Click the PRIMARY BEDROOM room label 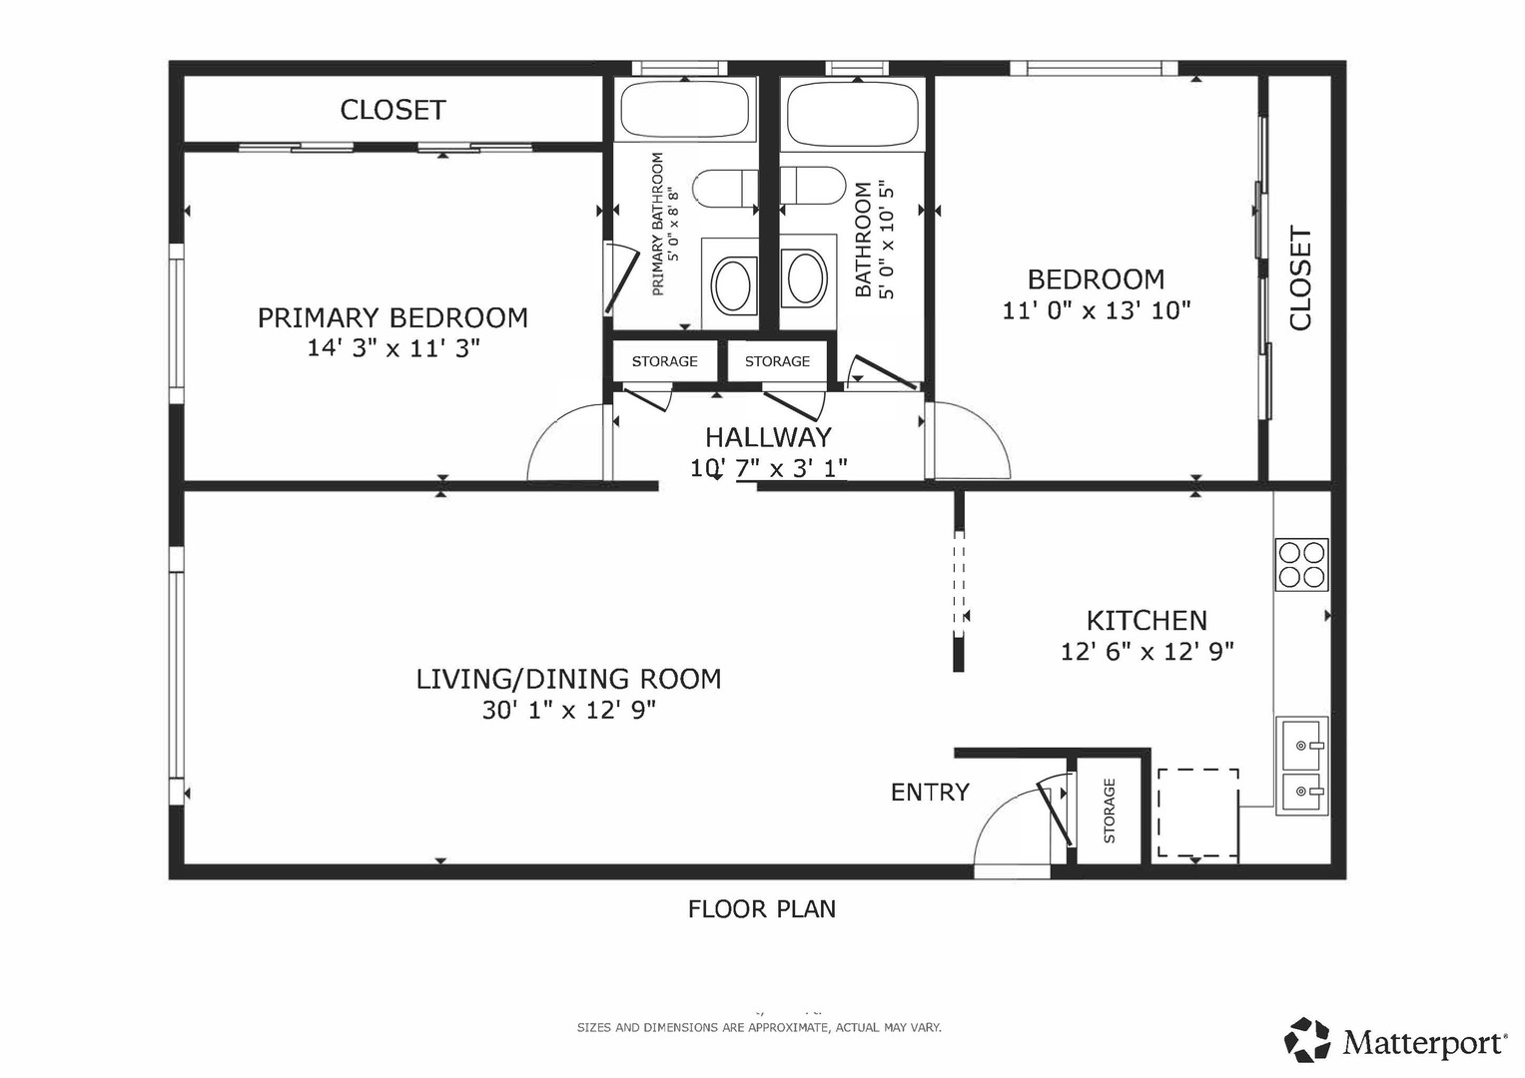click(x=392, y=317)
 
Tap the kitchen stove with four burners click(x=1301, y=564)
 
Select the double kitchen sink click(x=1301, y=766)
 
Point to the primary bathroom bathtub click(x=685, y=110)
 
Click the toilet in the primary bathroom click(x=725, y=188)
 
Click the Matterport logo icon click(x=1306, y=1040)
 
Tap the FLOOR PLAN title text click(x=762, y=909)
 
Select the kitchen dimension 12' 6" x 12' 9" click(x=1147, y=652)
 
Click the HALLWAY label click(x=768, y=437)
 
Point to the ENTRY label click(x=930, y=793)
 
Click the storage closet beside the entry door click(x=1109, y=809)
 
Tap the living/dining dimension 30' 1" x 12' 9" click(x=569, y=711)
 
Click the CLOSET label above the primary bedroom click(x=392, y=110)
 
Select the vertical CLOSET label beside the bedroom click(x=1300, y=278)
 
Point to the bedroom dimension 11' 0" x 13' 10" click(x=1097, y=311)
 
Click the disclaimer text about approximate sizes click(x=759, y=1027)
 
